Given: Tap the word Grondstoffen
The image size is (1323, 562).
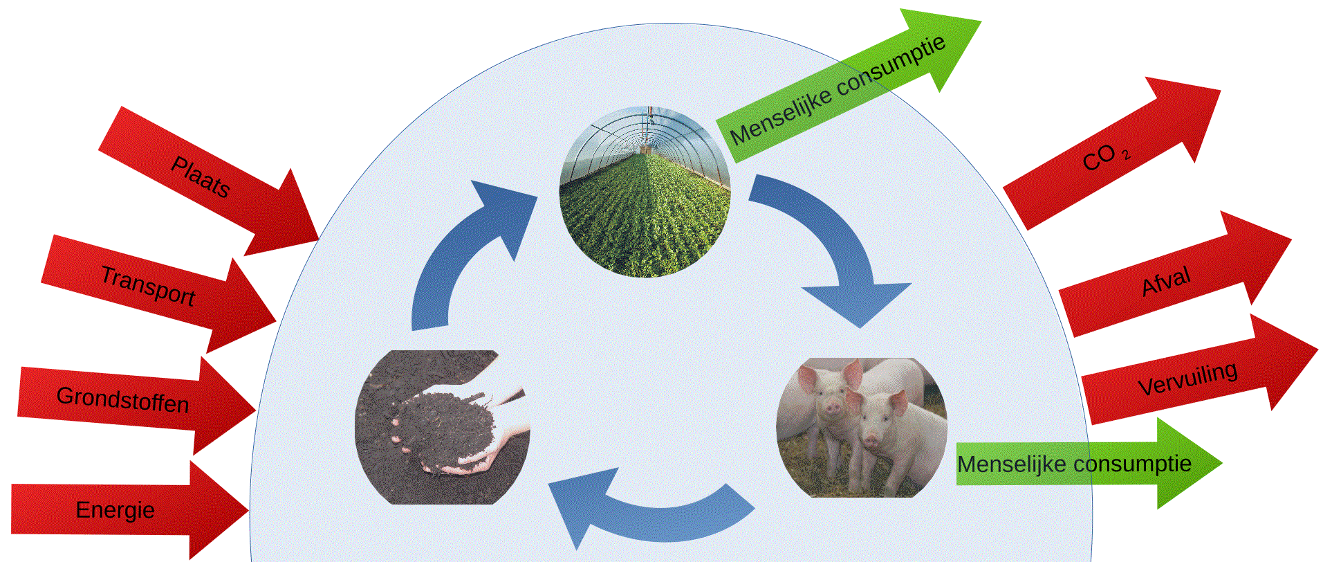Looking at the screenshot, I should (122, 399).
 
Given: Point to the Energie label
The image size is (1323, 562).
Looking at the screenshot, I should (115, 510).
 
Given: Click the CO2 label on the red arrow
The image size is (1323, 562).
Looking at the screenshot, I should (1105, 158).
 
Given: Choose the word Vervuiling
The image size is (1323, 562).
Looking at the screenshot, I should (1187, 379).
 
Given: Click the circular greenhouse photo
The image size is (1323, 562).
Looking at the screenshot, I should (645, 192).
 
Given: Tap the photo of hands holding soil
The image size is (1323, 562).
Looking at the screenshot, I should (443, 427).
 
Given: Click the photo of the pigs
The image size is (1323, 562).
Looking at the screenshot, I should (862, 427).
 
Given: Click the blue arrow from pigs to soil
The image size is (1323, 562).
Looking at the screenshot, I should (650, 512).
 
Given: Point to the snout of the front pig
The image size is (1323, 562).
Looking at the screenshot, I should (870, 440).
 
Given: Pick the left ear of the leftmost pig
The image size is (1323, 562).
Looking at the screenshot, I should (806, 377).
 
